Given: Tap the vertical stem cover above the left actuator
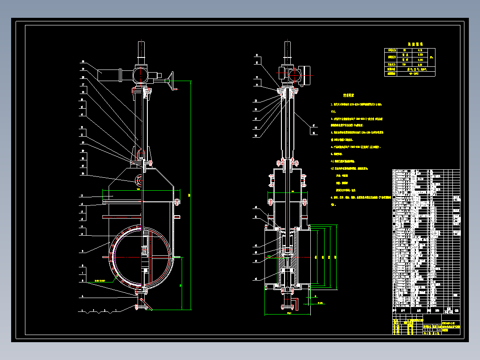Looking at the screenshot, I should (x=141, y=53).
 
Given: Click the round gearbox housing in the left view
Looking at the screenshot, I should (x=140, y=74).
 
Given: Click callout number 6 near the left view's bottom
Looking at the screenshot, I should (x=82, y=296).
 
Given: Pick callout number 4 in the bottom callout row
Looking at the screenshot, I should (x=82, y=310).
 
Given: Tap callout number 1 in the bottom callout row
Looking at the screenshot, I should (x=116, y=310).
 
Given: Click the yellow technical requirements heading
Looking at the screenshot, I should (x=348, y=95).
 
